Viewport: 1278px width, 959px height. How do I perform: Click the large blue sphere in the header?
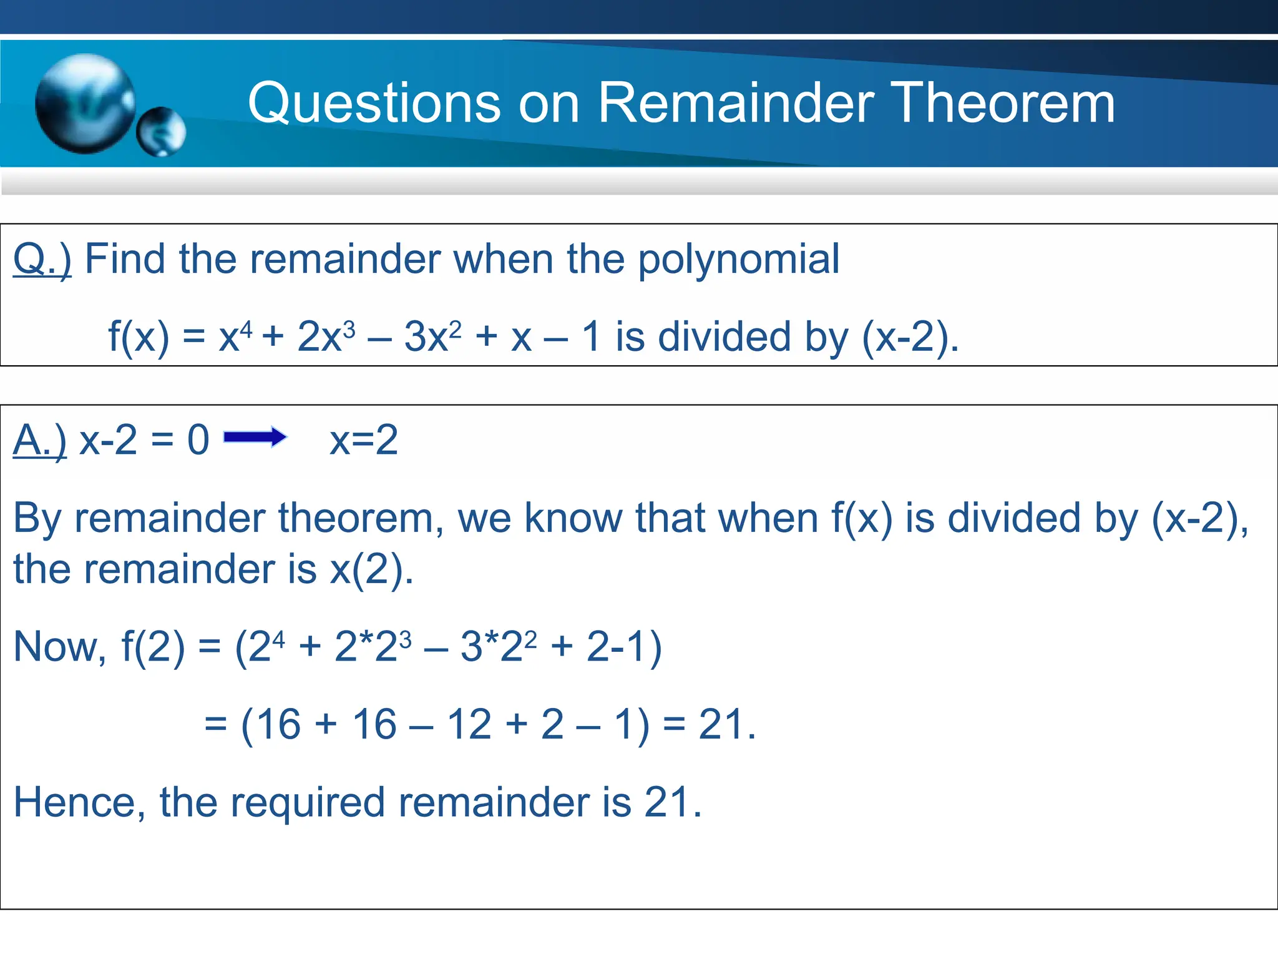[x=85, y=104]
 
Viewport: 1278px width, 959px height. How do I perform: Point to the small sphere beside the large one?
[x=162, y=132]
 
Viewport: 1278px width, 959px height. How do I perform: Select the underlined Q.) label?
[x=42, y=258]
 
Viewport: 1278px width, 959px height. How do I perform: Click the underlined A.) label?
[x=39, y=440]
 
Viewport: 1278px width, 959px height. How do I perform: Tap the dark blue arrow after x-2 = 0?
[x=255, y=437]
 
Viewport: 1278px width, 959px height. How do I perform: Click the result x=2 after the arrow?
[x=364, y=440]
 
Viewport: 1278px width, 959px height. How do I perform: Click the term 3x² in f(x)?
[x=432, y=337]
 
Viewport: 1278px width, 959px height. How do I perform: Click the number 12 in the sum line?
[x=469, y=725]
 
